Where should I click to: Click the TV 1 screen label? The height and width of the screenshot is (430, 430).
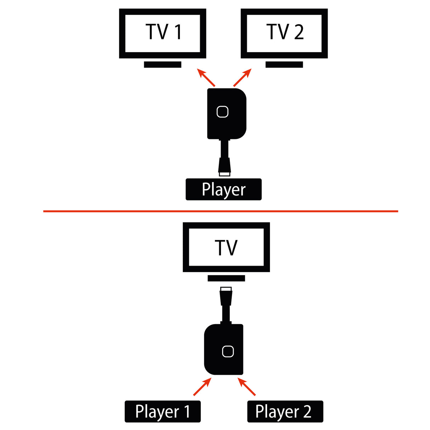163,32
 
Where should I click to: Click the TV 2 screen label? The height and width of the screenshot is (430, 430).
285,32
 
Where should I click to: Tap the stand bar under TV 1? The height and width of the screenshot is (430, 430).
163,64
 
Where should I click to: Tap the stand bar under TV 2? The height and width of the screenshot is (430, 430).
284,64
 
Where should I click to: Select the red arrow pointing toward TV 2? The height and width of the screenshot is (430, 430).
243,78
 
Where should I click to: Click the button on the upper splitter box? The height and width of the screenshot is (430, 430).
222,112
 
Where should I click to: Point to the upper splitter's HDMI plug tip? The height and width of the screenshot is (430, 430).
225,174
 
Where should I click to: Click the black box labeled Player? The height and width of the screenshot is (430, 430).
224,189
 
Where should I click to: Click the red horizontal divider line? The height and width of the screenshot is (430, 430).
220,211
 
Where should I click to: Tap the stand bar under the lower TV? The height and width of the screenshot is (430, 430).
226,278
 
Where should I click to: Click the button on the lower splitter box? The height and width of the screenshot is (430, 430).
228,351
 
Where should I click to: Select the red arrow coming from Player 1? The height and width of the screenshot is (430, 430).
202,387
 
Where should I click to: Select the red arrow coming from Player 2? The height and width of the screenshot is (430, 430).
247,387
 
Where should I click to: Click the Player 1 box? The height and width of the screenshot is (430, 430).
163,412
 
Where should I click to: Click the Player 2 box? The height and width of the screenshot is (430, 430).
285,412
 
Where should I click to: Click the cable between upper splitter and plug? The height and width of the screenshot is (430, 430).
225,149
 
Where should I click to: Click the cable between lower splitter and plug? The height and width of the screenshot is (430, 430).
226,313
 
